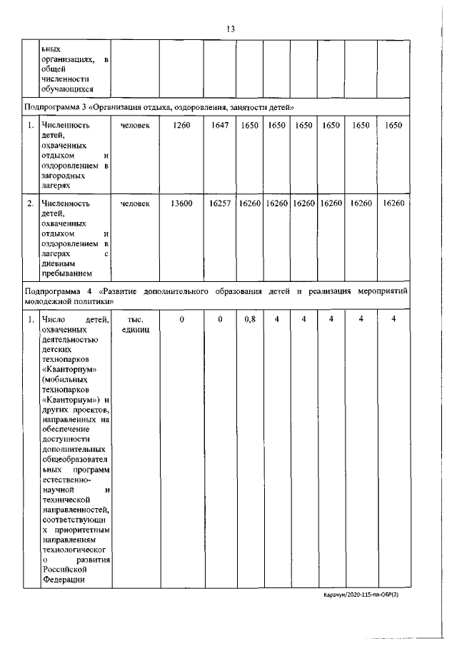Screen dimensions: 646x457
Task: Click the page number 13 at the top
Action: (230, 29)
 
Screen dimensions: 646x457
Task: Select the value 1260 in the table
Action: (182, 125)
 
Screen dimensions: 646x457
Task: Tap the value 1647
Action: (219, 125)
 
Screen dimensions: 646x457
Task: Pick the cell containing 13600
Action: (182, 203)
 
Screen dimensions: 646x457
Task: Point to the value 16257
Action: (219, 203)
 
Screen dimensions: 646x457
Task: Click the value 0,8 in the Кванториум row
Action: (250, 320)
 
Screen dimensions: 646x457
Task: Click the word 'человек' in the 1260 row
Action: (135, 125)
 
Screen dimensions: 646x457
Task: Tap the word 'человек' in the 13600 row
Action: (135, 203)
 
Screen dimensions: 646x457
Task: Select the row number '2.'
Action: (31, 203)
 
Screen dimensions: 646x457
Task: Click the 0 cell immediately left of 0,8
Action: (220, 320)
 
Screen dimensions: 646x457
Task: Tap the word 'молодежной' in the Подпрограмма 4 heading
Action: (49, 303)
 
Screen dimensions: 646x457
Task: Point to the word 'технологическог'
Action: (75, 550)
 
